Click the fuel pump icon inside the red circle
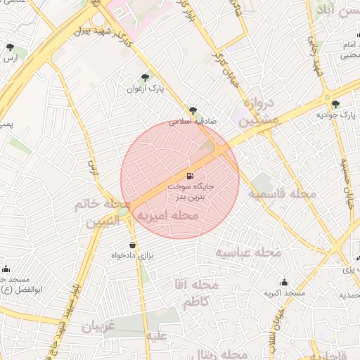[190, 175]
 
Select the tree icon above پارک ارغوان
[145, 77]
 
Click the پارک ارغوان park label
[145, 89]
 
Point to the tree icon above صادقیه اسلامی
[193, 110]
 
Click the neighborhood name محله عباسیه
[247, 252]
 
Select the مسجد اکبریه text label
[284, 292]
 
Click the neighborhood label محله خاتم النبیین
[103, 213]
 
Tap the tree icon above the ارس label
[10, 47]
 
